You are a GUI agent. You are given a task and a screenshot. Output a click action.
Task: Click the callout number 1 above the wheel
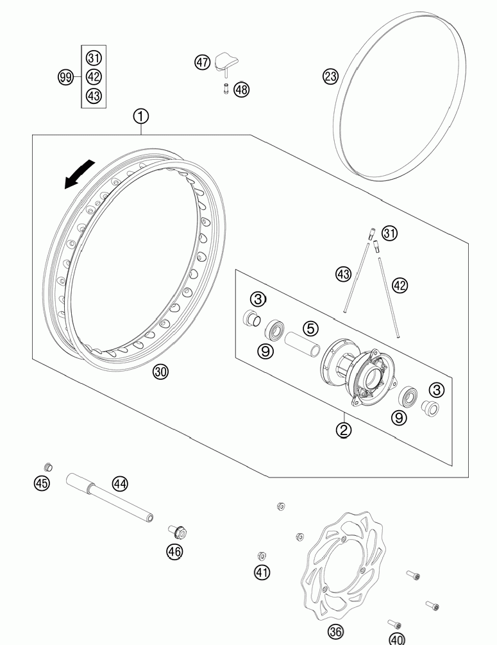[141, 116]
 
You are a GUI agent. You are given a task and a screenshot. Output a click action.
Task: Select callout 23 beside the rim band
[330, 77]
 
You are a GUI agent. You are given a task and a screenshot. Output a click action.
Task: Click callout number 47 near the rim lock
[202, 62]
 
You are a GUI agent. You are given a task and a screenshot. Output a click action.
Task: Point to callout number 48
[241, 89]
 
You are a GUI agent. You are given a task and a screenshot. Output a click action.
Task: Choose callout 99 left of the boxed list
[65, 77]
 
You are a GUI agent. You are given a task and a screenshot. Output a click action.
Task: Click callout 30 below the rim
[160, 372]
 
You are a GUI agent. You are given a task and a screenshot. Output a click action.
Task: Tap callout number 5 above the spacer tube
[310, 329]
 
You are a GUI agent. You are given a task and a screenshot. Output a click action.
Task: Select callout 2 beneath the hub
[344, 429]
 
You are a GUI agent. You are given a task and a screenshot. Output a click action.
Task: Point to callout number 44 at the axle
[120, 484]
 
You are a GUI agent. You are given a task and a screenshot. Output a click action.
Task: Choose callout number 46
[174, 551]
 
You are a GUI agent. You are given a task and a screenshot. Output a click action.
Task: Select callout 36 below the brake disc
[335, 632]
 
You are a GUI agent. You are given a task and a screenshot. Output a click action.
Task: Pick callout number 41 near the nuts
[262, 572]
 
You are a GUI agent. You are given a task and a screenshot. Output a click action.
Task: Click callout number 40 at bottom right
[398, 639]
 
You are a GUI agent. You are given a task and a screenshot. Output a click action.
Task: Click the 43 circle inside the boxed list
[94, 96]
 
